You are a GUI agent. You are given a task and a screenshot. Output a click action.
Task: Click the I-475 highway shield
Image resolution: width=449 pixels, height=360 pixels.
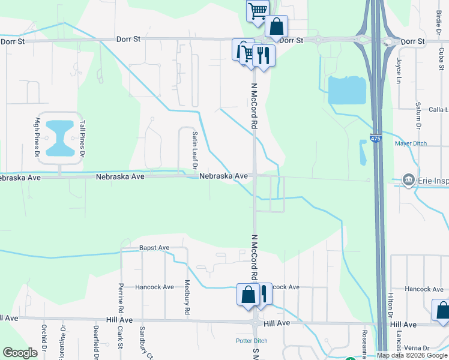tap(376, 139)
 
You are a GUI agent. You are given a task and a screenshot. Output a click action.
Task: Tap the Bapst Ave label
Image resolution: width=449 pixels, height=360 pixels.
tap(154, 248)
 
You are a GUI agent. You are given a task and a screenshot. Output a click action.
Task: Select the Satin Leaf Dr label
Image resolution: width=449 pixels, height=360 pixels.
tap(195, 150)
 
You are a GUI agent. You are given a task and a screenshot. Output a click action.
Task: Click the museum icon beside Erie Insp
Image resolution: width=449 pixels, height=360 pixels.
tap(408, 179)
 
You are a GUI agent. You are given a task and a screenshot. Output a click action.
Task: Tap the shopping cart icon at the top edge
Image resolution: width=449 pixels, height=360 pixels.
tap(258, 10)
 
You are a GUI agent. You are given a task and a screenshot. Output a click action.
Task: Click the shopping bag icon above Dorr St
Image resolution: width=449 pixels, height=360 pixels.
tap(276, 26)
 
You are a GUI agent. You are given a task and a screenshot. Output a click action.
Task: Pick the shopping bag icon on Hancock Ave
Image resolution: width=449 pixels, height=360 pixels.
tap(248, 295)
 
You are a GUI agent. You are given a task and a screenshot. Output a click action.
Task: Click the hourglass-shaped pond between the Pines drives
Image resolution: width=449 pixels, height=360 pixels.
tap(60, 137)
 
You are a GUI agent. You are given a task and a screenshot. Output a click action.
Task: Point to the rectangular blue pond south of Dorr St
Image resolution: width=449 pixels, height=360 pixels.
tap(346, 91)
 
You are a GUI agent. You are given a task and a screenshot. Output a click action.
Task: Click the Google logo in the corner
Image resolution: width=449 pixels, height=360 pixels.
tap(20, 353)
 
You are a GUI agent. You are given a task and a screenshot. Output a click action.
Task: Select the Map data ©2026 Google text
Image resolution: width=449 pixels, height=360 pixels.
tap(412, 355)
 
